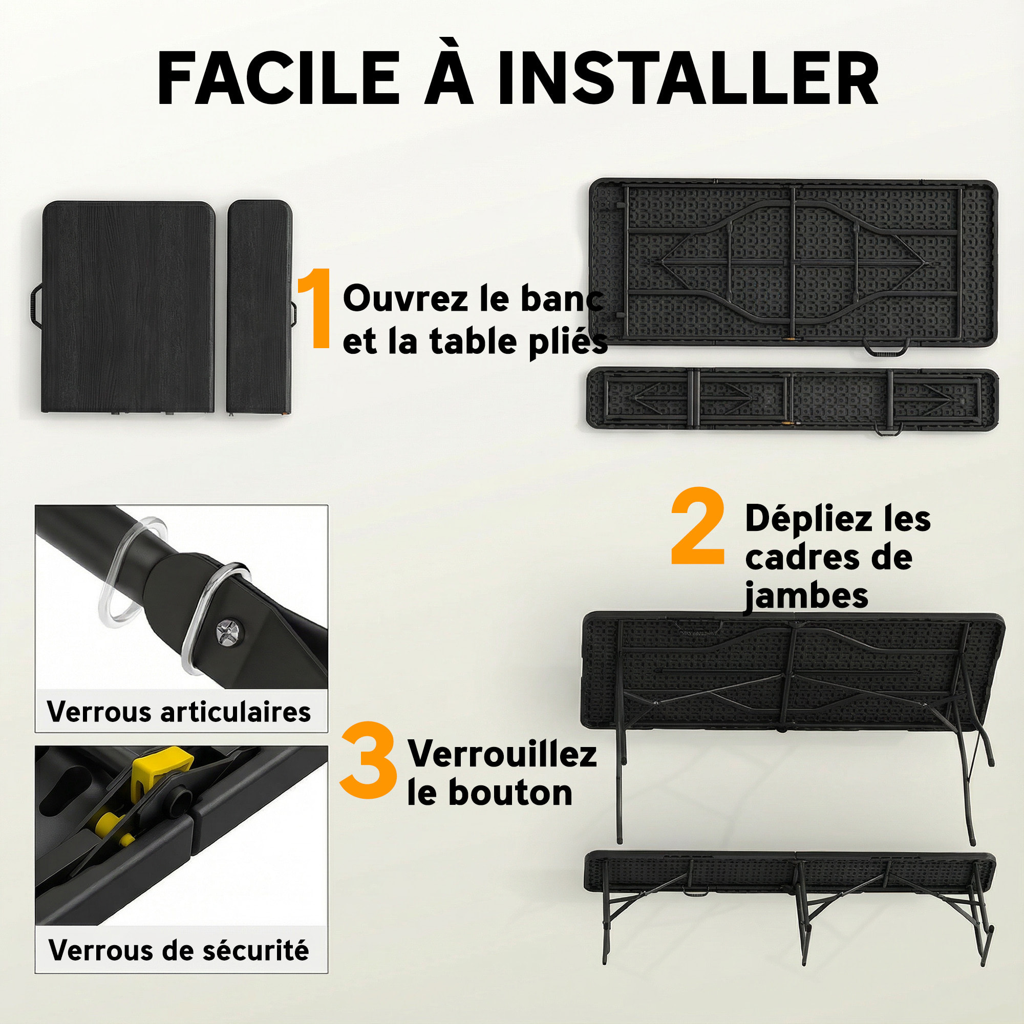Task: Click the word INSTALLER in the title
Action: [x=688, y=78]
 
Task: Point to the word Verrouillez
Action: [x=502, y=754]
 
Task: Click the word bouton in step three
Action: [x=510, y=793]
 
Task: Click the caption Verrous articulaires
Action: [x=179, y=711]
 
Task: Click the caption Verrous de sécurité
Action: [x=179, y=950]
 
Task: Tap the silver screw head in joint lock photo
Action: [x=228, y=631]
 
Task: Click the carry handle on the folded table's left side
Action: [x=36, y=305]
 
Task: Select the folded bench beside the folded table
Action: [x=260, y=306]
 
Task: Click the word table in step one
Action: [x=473, y=342]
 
